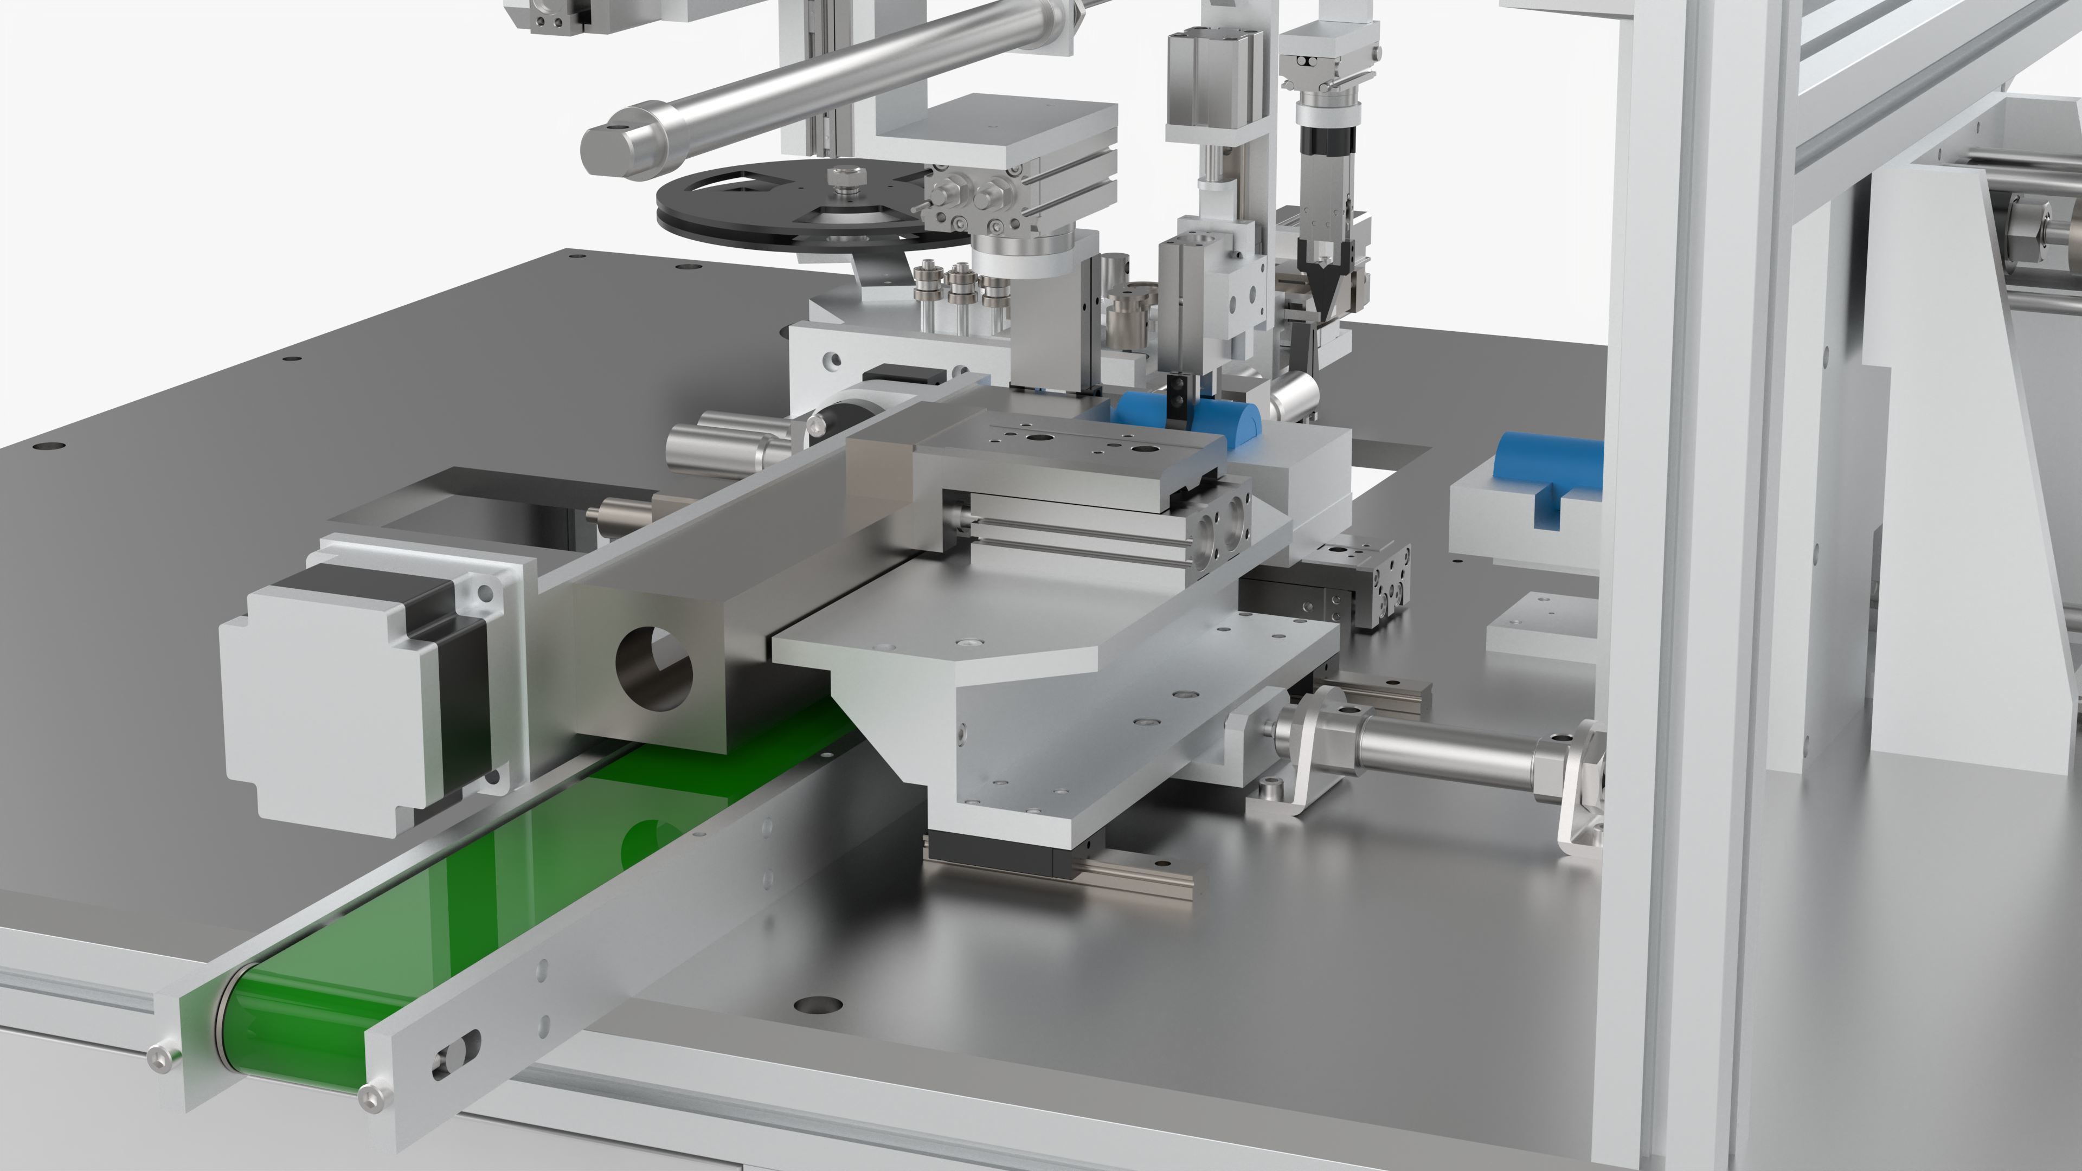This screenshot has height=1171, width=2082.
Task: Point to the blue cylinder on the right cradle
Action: point(1548,469)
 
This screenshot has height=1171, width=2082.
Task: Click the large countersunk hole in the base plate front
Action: point(818,1005)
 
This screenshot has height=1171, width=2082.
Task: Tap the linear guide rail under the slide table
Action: point(1132,881)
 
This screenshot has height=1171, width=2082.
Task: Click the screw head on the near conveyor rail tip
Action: point(372,1097)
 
